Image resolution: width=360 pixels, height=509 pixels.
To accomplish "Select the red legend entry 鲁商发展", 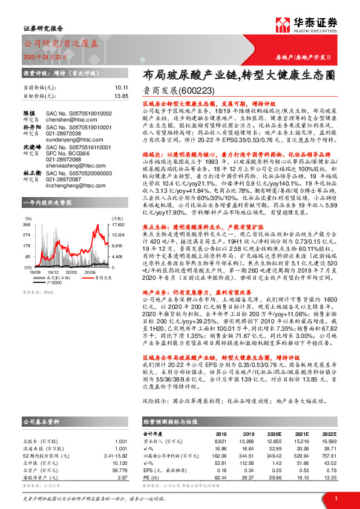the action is (x=103, y=261).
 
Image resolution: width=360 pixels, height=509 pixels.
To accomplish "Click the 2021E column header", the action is (x=301, y=434).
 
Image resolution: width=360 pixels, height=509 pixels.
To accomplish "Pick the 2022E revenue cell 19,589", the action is (x=329, y=441).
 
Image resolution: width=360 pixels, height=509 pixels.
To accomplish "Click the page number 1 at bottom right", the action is (x=335, y=498).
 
